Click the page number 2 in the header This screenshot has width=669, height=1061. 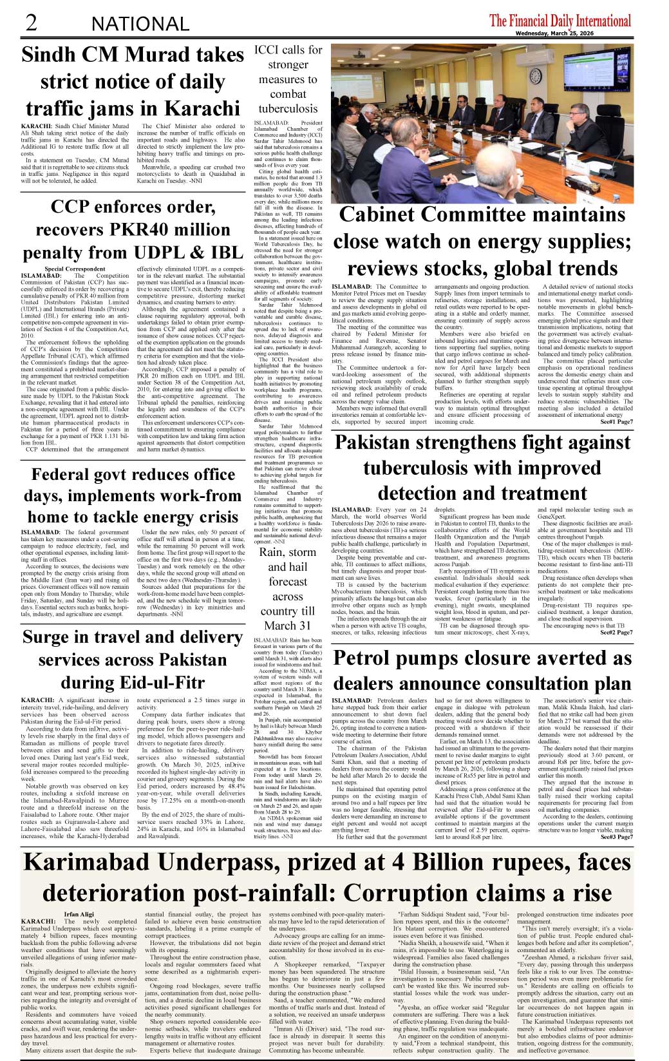30,23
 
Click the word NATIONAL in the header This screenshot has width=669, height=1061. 140,24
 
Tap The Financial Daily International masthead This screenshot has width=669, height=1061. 560,21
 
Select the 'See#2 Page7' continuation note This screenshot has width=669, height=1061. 616,632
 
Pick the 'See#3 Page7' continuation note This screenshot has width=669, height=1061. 616,837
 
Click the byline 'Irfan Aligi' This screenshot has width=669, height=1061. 79,914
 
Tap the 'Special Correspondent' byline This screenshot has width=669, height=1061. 75,269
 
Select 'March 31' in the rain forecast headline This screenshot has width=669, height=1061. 287,626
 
